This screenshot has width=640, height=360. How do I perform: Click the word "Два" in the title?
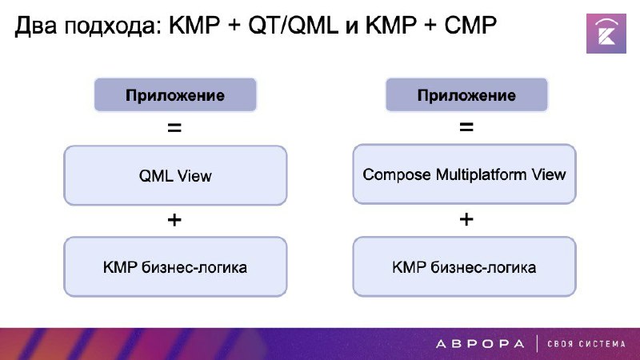click(36, 26)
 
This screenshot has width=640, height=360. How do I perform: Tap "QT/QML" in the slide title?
click(293, 26)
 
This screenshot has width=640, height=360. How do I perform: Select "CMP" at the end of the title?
click(470, 26)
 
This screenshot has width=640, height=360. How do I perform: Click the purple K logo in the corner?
click(606, 34)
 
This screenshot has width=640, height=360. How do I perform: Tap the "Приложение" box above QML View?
click(175, 94)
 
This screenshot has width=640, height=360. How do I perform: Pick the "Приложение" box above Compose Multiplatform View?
click(466, 94)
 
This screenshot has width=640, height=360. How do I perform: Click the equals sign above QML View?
click(174, 128)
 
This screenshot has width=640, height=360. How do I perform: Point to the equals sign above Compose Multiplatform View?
click(466, 127)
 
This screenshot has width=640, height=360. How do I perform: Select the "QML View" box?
click(175, 175)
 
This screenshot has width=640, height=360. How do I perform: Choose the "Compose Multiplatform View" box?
click(465, 174)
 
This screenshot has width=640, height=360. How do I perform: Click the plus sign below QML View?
click(174, 221)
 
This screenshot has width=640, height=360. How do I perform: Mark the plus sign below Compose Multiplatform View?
click(466, 219)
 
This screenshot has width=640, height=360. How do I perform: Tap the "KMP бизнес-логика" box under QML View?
click(175, 267)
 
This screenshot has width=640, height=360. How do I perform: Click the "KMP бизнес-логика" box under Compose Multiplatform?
click(465, 267)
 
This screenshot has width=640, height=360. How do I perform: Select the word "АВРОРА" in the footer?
click(480, 344)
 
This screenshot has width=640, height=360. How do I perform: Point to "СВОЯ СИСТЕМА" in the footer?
click(586, 344)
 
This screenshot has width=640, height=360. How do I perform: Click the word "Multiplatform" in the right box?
click(482, 175)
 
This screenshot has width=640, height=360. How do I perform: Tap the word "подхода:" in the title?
click(110, 26)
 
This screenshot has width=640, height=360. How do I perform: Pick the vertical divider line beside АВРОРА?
click(536, 344)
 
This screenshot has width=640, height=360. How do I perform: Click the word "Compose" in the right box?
click(397, 175)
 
